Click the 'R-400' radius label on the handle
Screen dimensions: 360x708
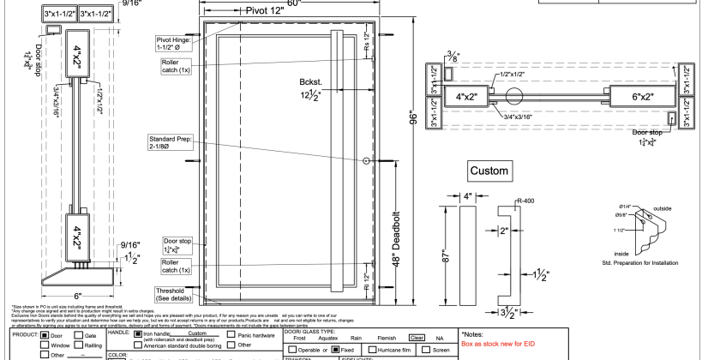coord(525,200)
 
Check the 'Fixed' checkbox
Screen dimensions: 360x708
coord(336,350)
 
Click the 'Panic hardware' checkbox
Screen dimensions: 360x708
coord(231,335)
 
